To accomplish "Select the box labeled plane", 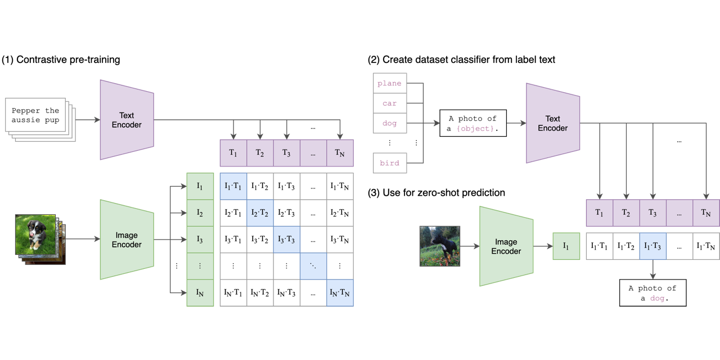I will coord(389,83).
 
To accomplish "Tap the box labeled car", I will coord(389,103).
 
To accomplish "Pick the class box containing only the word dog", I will coord(389,124).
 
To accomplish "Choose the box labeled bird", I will coord(389,163).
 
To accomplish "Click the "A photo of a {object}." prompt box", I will coord(472,124).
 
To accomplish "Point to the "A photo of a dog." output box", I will coord(652,293).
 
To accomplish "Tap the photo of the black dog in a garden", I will coord(439,246).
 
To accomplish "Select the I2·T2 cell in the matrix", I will coord(260,213).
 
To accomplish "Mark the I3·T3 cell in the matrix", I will coord(287,240).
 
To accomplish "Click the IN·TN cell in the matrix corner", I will coord(340,293).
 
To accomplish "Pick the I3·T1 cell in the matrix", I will coord(233,240).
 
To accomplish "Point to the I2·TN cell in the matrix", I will coord(340,213).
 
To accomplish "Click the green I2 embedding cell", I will coord(200,213).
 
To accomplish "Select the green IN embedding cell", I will coord(200,293).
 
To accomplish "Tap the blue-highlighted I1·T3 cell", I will coord(652,246).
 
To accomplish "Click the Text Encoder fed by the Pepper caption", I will coord(127,120).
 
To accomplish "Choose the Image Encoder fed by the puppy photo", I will coord(127,240).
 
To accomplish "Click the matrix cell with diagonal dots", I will coord(313,266).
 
